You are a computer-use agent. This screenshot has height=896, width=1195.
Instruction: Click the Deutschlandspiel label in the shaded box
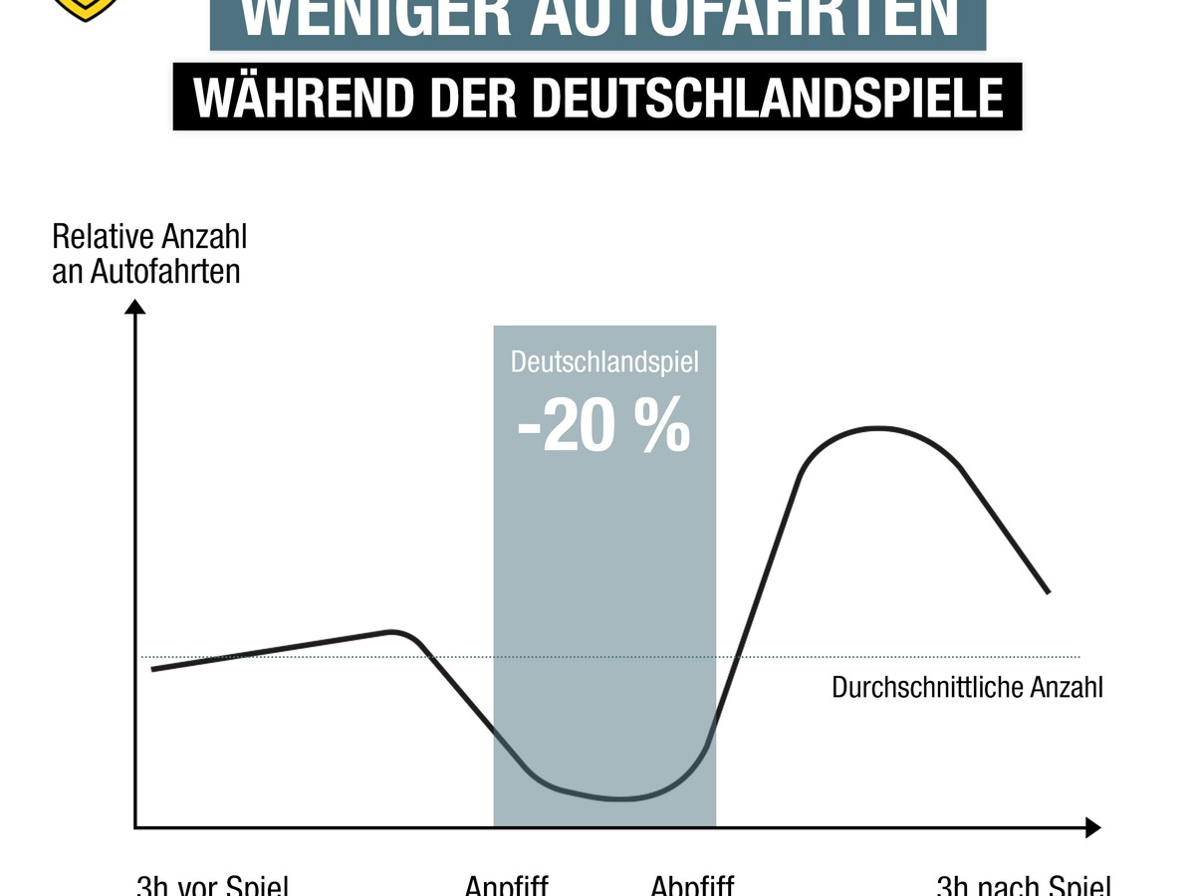(604, 360)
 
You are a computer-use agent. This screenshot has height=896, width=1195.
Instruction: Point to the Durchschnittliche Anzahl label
(967, 688)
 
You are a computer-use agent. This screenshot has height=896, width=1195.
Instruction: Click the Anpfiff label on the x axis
(506, 885)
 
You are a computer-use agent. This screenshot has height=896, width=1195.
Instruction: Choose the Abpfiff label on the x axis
(692, 885)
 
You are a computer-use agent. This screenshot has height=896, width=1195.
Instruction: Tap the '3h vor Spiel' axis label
(212, 885)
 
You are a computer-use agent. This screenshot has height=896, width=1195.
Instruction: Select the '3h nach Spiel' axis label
(1024, 885)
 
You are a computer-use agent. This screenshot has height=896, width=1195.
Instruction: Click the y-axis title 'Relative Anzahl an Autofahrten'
(148, 255)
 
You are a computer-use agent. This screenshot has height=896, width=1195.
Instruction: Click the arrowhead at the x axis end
(1092, 827)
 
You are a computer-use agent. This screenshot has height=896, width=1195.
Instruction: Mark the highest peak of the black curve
(878, 428)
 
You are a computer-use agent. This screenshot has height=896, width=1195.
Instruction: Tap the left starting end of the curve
(153, 669)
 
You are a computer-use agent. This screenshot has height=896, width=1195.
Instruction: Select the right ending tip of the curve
(1048, 592)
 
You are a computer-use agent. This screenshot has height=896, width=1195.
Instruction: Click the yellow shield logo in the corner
(86, 8)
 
